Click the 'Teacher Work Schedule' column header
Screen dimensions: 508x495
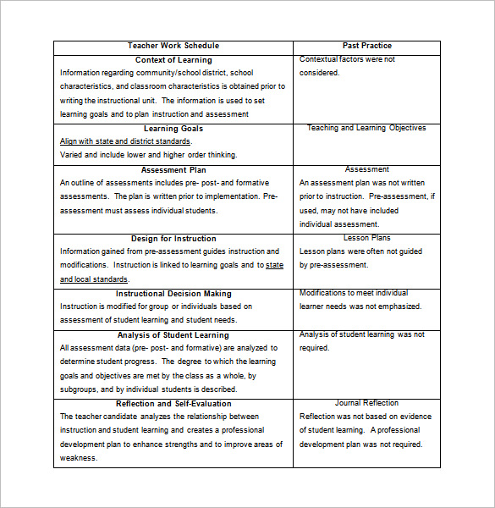(x=173, y=46)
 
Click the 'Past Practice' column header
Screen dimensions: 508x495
(x=366, y=46)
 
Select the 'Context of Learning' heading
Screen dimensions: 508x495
(x=173, y=60)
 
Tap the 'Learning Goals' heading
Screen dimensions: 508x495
(x=173, y=129)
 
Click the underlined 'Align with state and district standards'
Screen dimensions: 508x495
(x=125, y=141)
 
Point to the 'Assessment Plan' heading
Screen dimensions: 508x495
(x=173, y=170)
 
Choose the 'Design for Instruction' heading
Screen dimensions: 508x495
(x=173, y=239)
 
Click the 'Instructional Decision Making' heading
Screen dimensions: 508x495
(x=173, y=294)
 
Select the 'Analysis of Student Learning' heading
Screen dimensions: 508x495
(x=173, y=335)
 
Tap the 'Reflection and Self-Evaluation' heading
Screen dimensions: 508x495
(x=173, y=404)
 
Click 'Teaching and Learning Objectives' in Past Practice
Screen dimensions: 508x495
(x=366, y=129)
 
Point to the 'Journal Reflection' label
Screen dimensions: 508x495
(x=366, y=404)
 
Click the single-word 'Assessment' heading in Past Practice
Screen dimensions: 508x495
(x=366, y=170)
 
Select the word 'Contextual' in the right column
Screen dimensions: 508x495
(x=318, y=59)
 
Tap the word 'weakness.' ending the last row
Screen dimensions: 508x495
(x=79, y=458)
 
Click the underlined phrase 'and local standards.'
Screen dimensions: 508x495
(x=87, y=279)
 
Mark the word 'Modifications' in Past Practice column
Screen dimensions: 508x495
(x=324, y=293)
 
